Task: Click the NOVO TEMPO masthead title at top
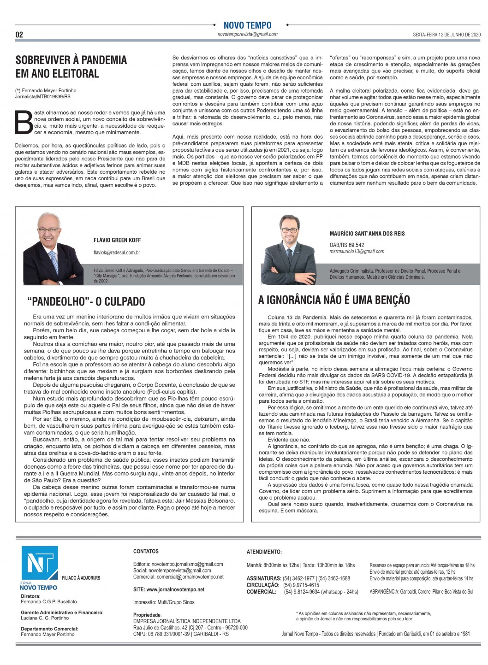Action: [x=247, y=25]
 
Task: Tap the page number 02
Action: [x=19, y=35]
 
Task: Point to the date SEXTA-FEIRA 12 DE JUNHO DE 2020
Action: [x=446, y=35]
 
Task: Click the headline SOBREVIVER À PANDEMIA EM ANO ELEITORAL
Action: [x=71, y=66]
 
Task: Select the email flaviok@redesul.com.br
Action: [x=117, y=253]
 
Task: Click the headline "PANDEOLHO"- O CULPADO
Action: [x=86, y=301]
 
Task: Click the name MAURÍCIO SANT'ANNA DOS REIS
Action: [x=367, y=234]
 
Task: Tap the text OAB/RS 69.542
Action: [x=347, y=245]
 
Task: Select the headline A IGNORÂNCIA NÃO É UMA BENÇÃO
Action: [x=334, y=300]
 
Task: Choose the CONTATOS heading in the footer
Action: [x=146, y=551]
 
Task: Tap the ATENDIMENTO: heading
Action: [x=264, y=552]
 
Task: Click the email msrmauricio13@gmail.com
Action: [x=357, y=251]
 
